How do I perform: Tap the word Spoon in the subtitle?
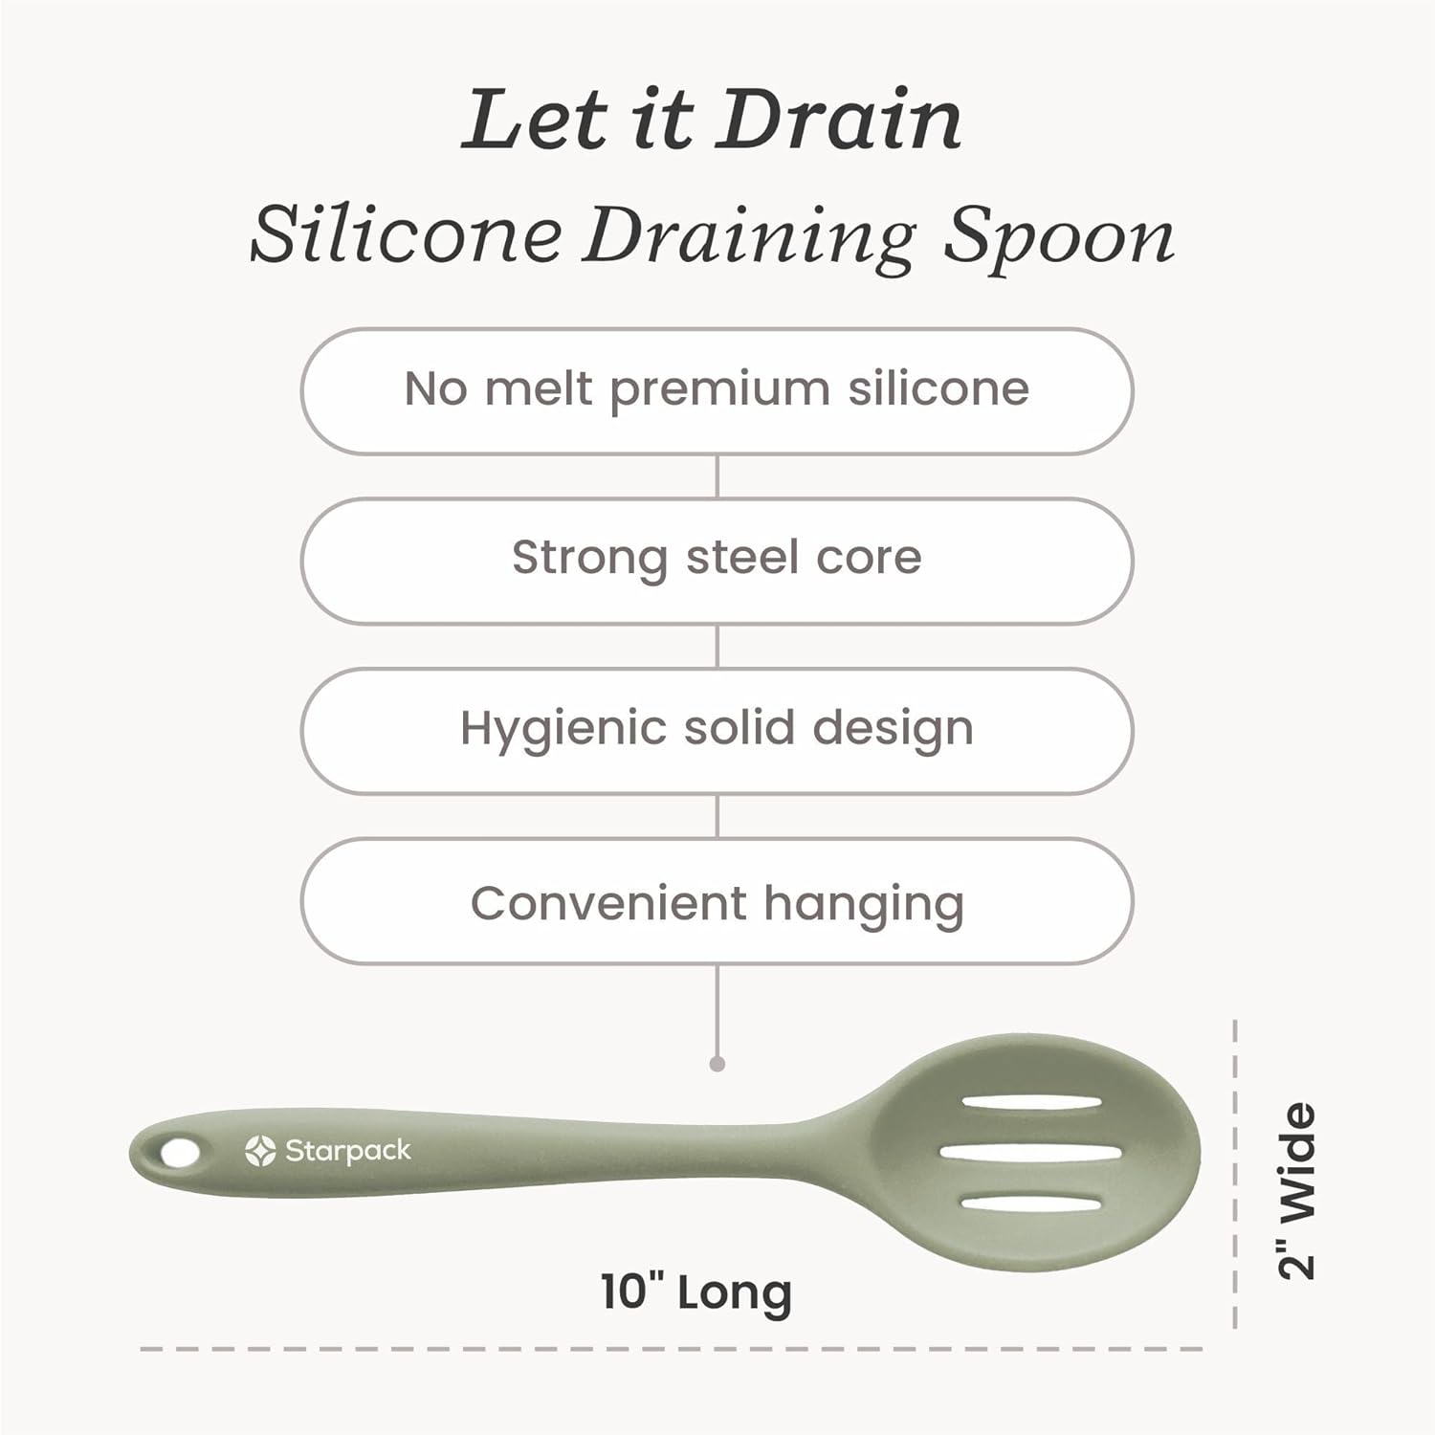(1059, 235)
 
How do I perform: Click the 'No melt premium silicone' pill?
(717, 390)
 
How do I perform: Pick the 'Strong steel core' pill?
(717, 560)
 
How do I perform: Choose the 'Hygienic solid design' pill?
(717, 730)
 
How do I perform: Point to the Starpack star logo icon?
(260, 1151)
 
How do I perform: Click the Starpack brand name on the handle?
(348, 1151)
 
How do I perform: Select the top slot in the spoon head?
(1031, 1104)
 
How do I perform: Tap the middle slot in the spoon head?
(1030, 1153)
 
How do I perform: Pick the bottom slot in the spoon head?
(1031, 1202)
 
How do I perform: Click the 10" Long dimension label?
(696, 1292)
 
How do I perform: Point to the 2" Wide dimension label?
(1298, 1191)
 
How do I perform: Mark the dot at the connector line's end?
(717, 1064)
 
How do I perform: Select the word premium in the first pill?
(719, 390)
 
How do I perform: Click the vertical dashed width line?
(1235, 1177)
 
